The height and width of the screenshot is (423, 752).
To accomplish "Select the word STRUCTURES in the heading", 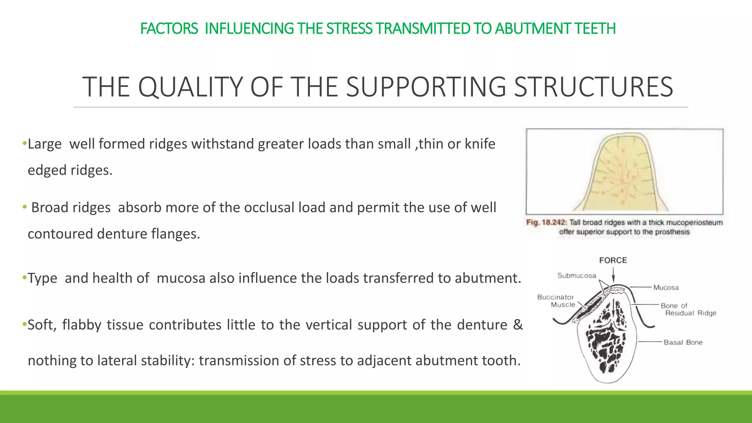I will coord(593,87).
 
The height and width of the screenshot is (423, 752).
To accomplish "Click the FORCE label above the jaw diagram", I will coord(613,260).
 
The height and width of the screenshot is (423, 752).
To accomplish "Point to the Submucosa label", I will coord(576,276).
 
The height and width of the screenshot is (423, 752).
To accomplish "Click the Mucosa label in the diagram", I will coord(666,288).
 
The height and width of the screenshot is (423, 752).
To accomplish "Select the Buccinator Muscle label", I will coord(556,301).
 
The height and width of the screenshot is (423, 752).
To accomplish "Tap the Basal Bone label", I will coord(683,342).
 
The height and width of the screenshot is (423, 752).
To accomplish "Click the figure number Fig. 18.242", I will coord(547,223).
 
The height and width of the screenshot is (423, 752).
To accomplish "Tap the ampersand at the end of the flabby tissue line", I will coord(518,325).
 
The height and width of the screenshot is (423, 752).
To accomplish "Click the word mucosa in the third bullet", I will coord(181,278).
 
